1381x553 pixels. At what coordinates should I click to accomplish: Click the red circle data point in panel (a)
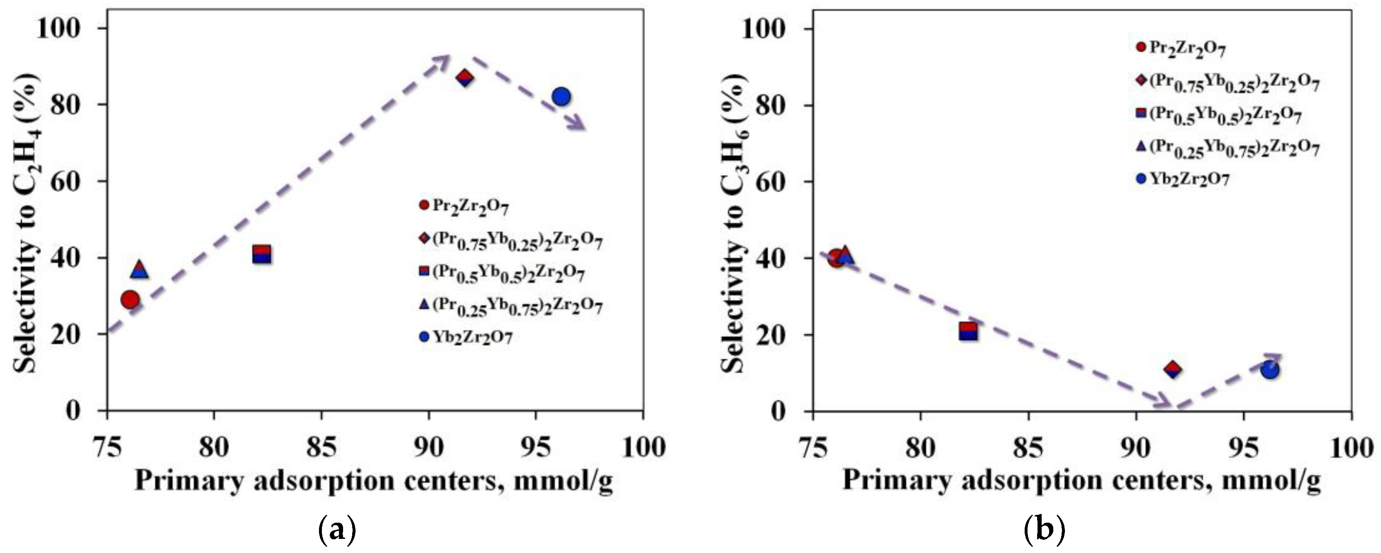pyautogui.click(x=130, y=299)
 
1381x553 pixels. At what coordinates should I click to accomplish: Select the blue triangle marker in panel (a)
pyautogui.click(x=139, y=269)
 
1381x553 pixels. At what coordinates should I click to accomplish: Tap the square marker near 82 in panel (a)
pyautogui.click(x=262, y=254)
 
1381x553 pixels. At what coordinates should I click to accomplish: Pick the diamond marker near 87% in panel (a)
pyautogui.click(x=465, y=78)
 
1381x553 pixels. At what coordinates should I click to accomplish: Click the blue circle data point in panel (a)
pyautogui.click(x=561, y=97)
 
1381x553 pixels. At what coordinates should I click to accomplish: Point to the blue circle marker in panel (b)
pyautogui.click(x=1270, y=370)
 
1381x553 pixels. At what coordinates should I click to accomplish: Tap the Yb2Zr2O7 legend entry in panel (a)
pyautogui.click(x=465, y=337)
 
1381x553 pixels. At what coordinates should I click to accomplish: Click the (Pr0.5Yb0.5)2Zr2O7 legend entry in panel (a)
pyautogui.click(x=501, y=272)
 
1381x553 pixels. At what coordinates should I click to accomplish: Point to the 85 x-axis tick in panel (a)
pyautogui.click(x=321, y=446)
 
